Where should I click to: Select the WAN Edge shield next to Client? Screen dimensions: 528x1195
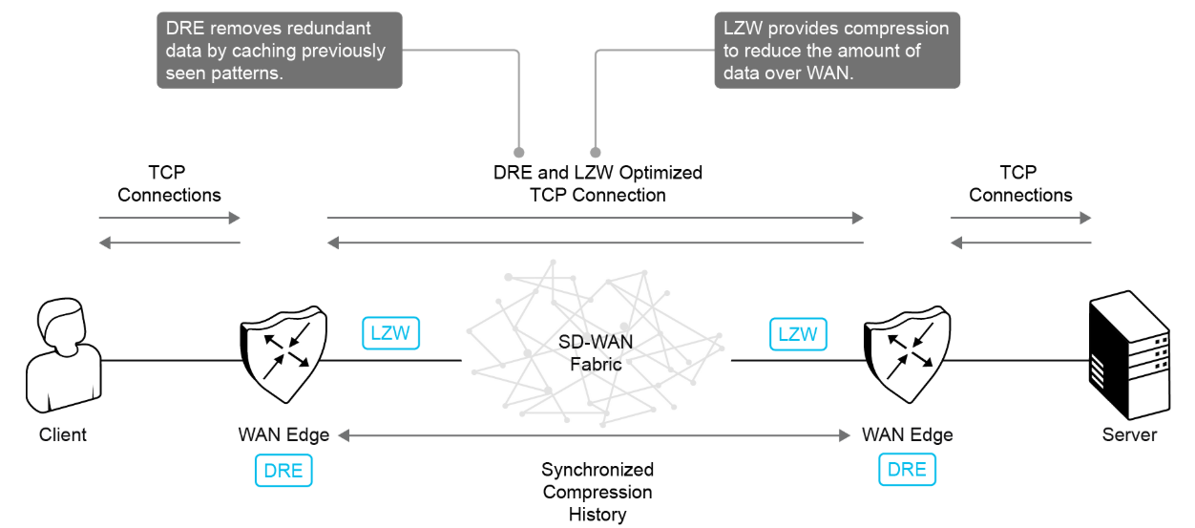coord(283,352)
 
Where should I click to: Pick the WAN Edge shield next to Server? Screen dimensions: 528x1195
coord(908,352)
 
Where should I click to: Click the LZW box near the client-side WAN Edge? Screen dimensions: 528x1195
coord(391,333)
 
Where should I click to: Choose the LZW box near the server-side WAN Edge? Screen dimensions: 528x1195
coord(798,333)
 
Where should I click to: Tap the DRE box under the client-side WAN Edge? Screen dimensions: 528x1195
coord(283,470)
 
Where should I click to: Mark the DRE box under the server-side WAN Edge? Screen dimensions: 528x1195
coord(907,469)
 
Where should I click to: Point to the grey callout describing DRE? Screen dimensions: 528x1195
coord(280,51)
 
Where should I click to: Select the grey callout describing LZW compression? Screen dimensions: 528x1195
coord(837,51)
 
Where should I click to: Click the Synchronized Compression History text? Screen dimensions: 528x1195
coord(597,492)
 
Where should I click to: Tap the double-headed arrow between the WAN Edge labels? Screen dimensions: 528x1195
coord(594,435)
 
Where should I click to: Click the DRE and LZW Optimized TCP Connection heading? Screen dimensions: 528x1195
coord(597,183)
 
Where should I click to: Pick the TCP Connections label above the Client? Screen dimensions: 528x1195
coord(169,183)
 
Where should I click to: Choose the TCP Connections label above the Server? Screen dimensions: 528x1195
coord(1020,183)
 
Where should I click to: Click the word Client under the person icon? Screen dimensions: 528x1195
coord(63,435)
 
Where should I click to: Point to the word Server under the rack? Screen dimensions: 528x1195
coord(1129,435)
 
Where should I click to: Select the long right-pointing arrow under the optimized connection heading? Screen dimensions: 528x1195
coord(595,219)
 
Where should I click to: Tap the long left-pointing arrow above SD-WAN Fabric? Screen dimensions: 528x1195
coord(595,243)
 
